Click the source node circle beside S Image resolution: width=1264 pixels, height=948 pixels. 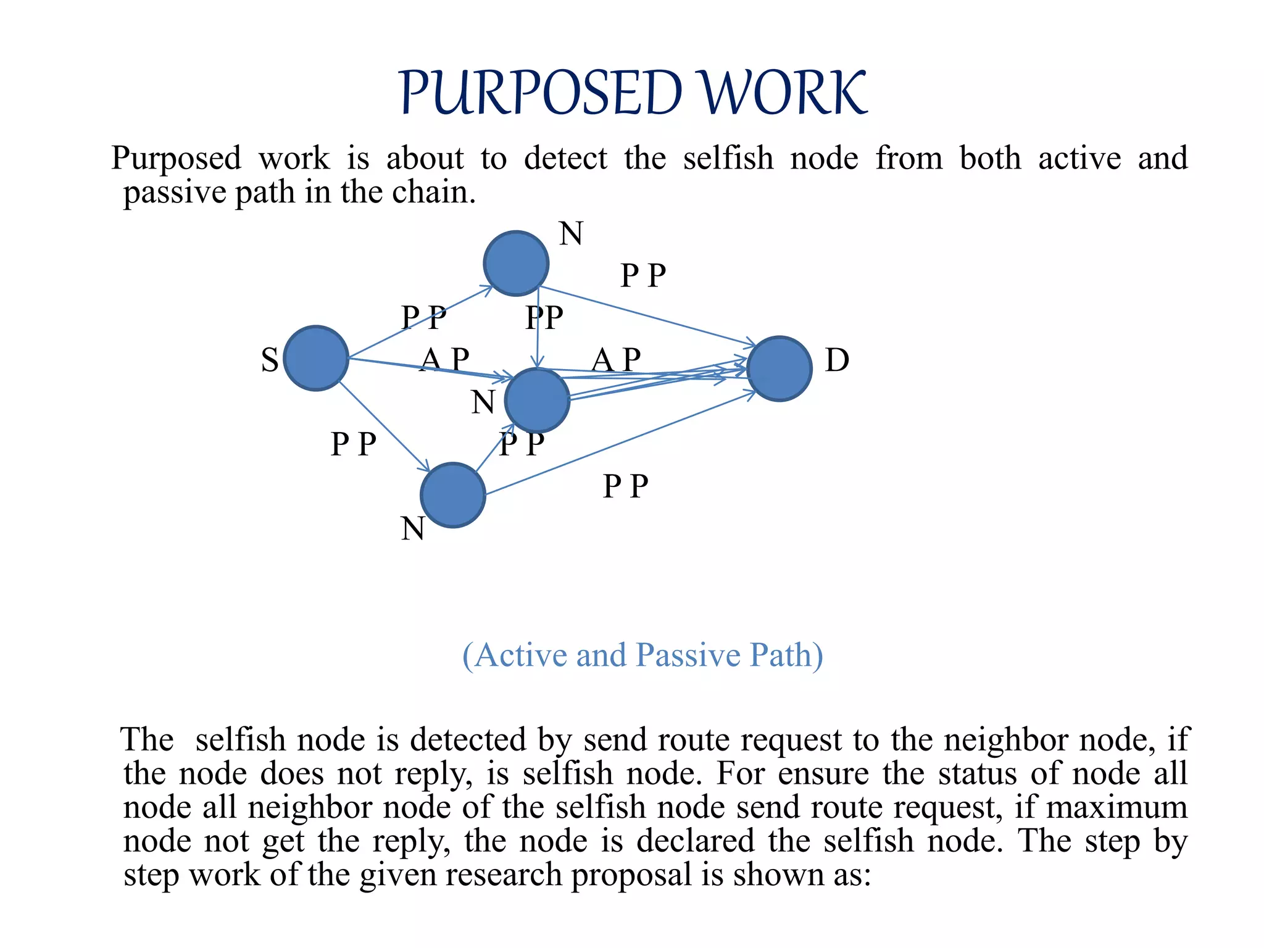pyautogui.click(x=316, y=358)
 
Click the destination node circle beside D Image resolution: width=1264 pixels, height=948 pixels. pyautogui.click(x=780, y=368)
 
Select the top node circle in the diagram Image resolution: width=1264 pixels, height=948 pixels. pyautogui.click(x=516, y=264)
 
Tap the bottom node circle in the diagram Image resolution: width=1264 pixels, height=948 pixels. pyautogui.click(x=453, y=495)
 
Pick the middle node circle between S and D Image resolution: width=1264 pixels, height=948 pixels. pyautogui.click(x=537, y=400)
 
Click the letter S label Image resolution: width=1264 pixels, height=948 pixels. pyautogui.click(x=270, y=360)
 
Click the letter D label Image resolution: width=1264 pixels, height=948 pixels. pyautogui.click(x=837, y=360)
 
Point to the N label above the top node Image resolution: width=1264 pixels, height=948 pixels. pyautogui.click(x=571, y=234)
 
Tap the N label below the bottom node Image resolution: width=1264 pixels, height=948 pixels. pyautogui.click(x=412, y=529)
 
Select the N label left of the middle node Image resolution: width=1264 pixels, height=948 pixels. pyautogui.click(x=483, y=402)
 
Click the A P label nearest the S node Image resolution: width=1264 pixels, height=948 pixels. pyautogui.click(x=444, y=359)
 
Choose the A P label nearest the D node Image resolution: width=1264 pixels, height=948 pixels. pyautogui.click(x=616, y=359)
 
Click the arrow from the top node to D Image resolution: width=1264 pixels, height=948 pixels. pyautogui.click(x=648, y=316)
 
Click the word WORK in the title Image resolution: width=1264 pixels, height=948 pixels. pyautogui.click(x=784, y=94)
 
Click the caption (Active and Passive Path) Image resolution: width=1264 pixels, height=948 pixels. pyautogui.click(x=642, y=655)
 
